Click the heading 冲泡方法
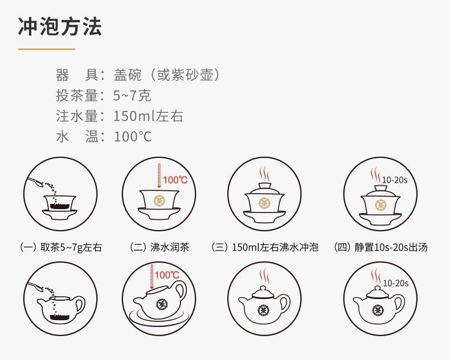point(60,27)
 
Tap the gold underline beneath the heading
point(46,49)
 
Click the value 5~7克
point(132,95)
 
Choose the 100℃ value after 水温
point(133,137)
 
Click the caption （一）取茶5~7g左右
point(61,247)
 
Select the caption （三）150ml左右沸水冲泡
point(264,247)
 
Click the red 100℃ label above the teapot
point(167,275)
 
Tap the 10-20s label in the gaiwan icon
point(395,180)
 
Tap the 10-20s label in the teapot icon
point(396,283)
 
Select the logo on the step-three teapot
point(263,310)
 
